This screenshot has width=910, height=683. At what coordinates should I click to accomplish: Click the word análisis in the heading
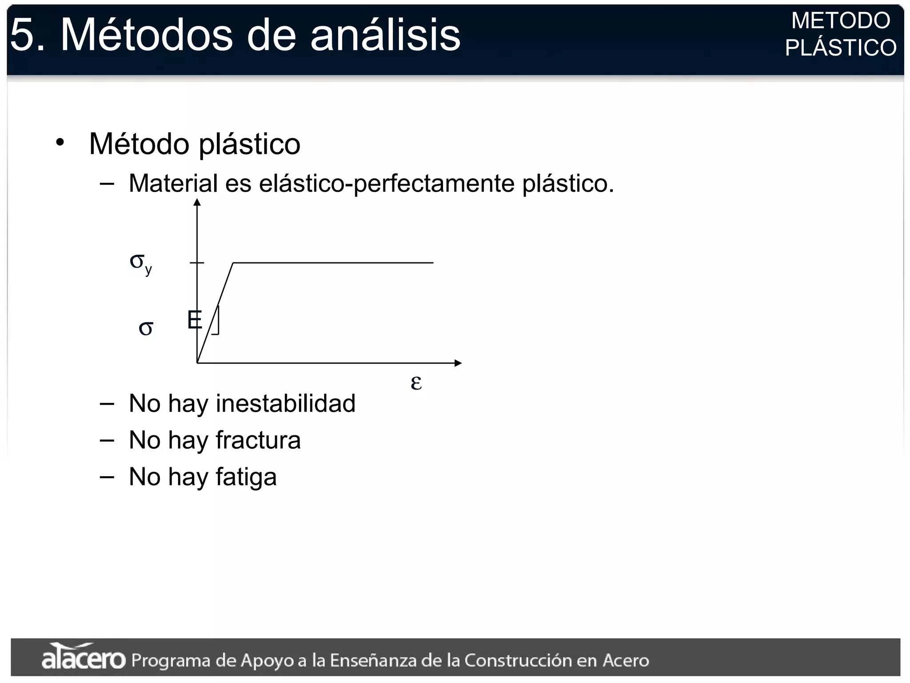pyautogui.click(x=385, y=36)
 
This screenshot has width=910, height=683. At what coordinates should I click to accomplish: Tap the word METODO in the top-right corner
pyautogui.click(x=840, y=20)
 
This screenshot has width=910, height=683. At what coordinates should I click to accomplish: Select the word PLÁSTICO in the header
pyautogui.click(x=841, y=48)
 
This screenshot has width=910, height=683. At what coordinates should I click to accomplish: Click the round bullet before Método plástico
pyautogui.click(x=60, y=143)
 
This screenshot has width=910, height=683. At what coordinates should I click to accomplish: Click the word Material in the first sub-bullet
pyautogui.click(x=173, y=183)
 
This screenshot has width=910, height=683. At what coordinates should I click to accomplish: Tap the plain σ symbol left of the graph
pyautogui.click(x=146, y=328)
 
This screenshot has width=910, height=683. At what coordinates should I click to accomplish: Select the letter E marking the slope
pyautogui.click(x=195, y=320)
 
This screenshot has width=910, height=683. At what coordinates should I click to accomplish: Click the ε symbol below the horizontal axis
pyautogui.click(x=416, y=382)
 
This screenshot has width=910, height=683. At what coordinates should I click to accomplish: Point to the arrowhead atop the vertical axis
pyautogui.click(x=197, y=202)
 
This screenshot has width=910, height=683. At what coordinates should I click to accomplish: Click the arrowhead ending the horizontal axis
pyautogui.click(x=458, y=363)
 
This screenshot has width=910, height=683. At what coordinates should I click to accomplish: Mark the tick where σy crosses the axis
pyautogui.click(x=197, y=263)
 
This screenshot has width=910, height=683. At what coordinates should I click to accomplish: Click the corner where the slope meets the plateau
pyautogui.click(x=233, y=263)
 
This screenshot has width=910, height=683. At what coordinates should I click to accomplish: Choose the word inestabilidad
pyautogui.click(x=285, y=403)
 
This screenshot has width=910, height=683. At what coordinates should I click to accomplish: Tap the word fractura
pyautogui.click(x=258, y=440)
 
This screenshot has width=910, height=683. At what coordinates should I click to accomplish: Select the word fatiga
pyautogui.click(x=246, y=477)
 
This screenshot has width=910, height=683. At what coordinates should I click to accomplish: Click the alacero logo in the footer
pyautogui.click(x=84, y=657)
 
